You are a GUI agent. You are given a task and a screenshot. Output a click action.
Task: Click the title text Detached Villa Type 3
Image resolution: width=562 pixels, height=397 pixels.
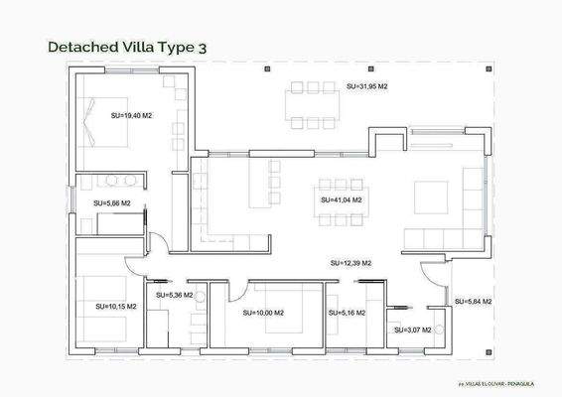pos(127,46)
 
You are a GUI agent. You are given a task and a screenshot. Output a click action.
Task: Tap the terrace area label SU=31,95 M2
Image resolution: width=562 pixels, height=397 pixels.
pos(366,87)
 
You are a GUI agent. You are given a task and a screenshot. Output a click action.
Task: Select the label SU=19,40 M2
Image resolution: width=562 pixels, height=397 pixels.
pos(131,115)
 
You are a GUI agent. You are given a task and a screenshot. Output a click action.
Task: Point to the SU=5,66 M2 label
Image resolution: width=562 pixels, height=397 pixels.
pos(112,202)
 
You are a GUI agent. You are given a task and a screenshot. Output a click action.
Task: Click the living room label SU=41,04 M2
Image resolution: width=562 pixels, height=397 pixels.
pos(341,199)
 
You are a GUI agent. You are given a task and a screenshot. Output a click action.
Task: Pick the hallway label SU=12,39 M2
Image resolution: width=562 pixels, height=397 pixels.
pos(351,263)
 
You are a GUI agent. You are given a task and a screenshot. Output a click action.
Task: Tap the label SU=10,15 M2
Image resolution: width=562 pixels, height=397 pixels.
pos(115,307)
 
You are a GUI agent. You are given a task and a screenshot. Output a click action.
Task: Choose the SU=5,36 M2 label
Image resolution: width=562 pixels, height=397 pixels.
pos(175,295)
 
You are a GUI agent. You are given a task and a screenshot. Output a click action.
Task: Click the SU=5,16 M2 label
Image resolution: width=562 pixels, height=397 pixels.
pos(347,313)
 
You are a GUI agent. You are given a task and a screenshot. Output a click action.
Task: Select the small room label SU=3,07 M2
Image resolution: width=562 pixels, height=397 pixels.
pos(412,330)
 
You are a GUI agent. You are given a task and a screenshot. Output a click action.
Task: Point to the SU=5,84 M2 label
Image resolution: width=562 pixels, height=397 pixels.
pos(473,301)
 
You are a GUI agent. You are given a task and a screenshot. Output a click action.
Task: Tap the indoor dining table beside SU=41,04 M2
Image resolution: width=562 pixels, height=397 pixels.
pos(342,185)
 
